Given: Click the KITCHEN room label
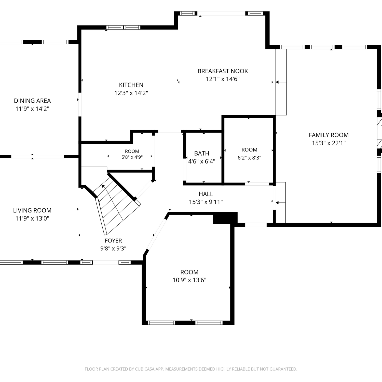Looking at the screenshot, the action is coord(131,85).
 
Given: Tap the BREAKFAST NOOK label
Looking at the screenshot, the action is coord(223,71).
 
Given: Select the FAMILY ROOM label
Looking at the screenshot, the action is coord(329,135).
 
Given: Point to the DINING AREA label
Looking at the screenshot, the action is coord(32,101).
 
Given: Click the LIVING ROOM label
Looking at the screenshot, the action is coord(32,210).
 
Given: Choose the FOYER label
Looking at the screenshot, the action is coord(113,241).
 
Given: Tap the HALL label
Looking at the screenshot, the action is coord(206,194).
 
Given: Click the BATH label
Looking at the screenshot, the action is coord(202,153).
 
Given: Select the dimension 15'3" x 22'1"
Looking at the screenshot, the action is coord(329,143).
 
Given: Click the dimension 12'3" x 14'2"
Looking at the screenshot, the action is coord(131,93).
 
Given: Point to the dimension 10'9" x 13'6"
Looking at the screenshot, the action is coord(189,280).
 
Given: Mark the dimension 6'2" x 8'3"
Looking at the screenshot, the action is coord(250,158).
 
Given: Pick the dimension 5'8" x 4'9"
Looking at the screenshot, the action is coord(132,157).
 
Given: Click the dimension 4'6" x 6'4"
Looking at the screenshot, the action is coord(202,161).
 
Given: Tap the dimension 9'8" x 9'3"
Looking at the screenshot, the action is coord(113,249).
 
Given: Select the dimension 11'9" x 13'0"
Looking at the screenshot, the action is coord(32,218).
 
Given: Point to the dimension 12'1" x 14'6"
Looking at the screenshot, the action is coord(223,79).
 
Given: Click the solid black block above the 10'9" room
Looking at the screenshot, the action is coord(225,218).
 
